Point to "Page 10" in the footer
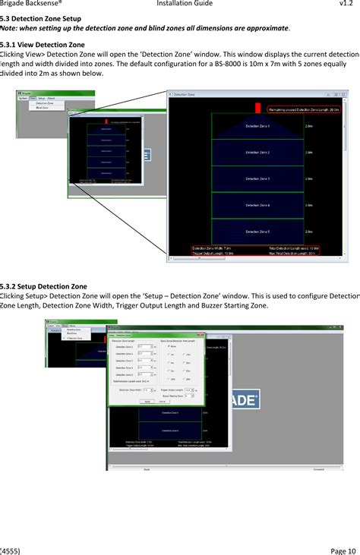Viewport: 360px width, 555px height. (x=344, y=550)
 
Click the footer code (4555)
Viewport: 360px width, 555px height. (x=11, y=550)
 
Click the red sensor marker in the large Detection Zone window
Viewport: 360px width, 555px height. (x=257, y=108)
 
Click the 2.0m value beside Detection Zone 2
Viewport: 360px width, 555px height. (x=308, y=153)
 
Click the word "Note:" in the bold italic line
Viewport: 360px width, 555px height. (x=10, y=27)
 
